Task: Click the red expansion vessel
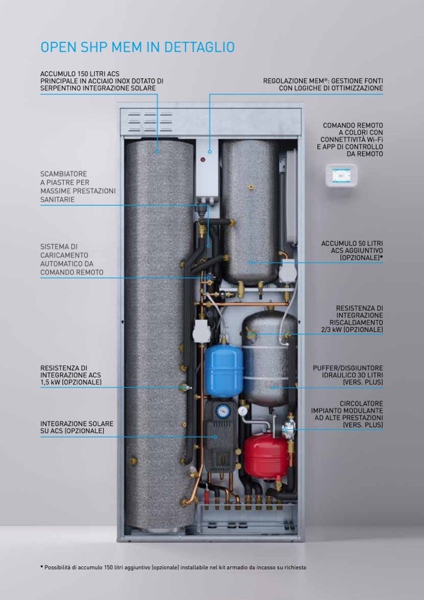pyautogui.click(x=265, y=455)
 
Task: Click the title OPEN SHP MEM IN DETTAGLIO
pyautogui.click(x=137, y=47)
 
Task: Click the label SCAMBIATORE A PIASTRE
pyautogui.click(x=78, y=186)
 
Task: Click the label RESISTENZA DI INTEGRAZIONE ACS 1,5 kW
pyautogui.click(x=71, y=375)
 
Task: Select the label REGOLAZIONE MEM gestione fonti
pyautogui.click(x=323, y=85)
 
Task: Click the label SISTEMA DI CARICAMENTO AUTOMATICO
pyautogui.click(x=71, y=260)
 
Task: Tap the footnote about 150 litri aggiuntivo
pyautogui.click(x=175, y=567)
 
